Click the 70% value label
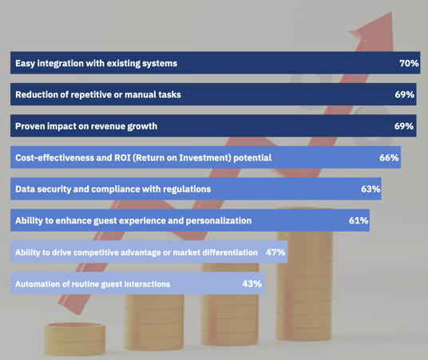409,63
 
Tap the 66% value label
389,158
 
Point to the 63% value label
371,189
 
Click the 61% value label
359,220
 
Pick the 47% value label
275,252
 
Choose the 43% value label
252,283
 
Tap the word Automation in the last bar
37,283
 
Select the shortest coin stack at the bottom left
74,339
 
